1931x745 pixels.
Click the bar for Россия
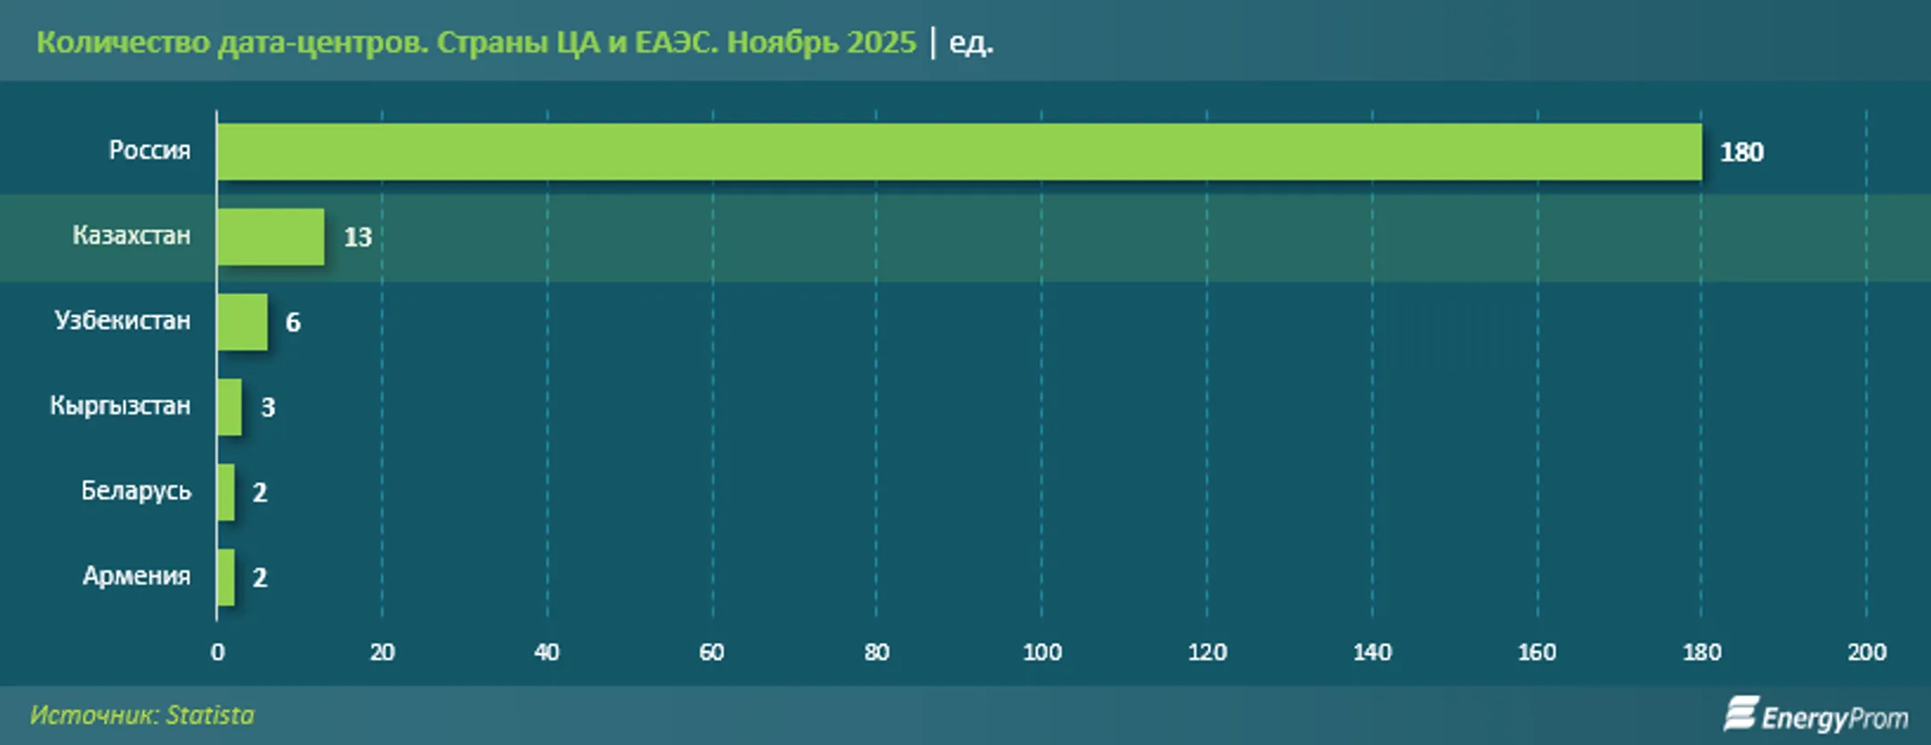[x=958, y=151]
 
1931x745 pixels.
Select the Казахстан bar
[x=270, y=237]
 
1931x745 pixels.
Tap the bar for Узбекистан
[x=242, y=322]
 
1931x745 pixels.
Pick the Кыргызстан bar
[x=230, y=407]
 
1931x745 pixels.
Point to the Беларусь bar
[x=226, y=492]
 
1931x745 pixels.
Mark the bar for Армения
[x=226, y=577]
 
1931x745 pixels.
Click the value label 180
[x=1741, y=152]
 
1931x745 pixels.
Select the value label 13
[x=358, y=237]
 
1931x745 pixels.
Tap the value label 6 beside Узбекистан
[x=292, y=322]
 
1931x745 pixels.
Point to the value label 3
[x=267, y=407]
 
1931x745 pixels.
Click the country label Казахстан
[x=131, y=235]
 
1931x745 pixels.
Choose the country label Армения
[x=136, y=575]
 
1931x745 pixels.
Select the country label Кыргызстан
[x=120, y=405]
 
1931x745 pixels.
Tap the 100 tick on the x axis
[x=1041, y=652]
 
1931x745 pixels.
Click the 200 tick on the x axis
[x=1867, y=652]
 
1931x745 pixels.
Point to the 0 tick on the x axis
[x=217, y=652]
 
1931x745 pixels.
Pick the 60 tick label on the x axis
[x=712, y=652]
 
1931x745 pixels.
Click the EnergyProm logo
[x=1816, y=715]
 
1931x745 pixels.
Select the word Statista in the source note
[x=210, y=715]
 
